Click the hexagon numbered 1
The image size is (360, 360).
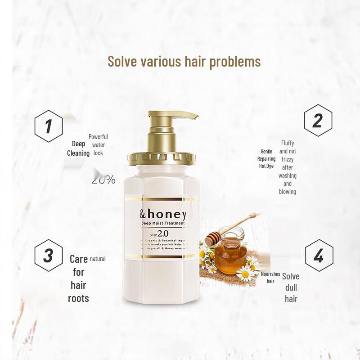click(49, 126)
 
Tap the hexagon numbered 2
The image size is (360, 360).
click(318, 120)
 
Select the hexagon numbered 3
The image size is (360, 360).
click(49, 256)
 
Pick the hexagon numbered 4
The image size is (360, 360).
click(319, 256)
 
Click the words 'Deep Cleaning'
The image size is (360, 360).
click(79, 148)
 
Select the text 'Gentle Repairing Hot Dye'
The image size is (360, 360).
click(266, 159)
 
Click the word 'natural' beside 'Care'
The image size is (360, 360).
click(98, 259)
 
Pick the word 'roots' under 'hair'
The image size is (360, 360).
click(78, 298)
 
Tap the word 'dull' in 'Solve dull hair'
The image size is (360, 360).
click(291, 287)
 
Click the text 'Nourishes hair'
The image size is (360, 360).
click(270, 277)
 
